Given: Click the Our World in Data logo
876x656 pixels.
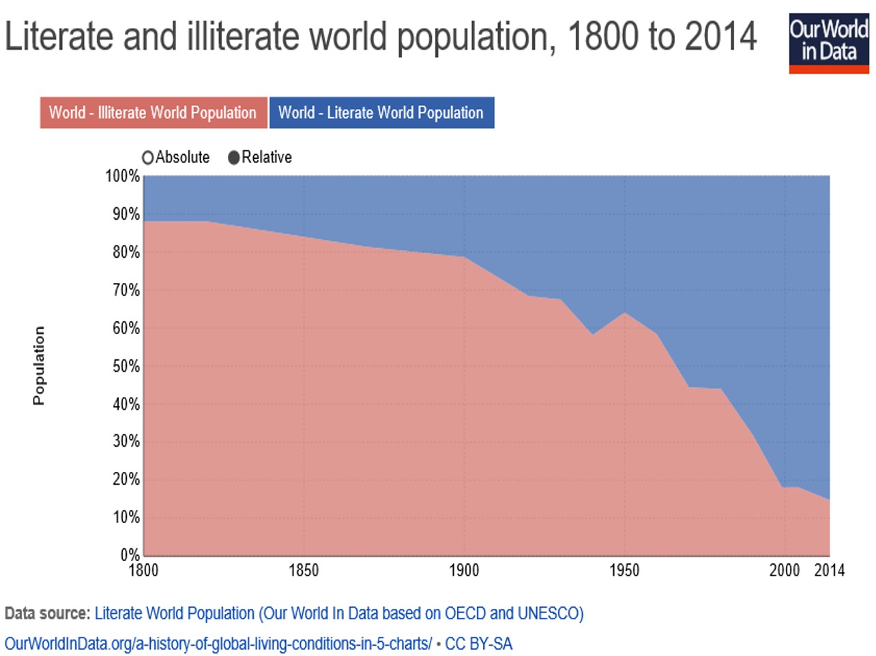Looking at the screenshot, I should coord(828,43).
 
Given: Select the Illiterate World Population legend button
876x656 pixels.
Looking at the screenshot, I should coord(153,113).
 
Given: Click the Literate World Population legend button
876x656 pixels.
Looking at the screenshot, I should coord(381,113).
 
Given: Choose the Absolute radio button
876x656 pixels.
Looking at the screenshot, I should coord(147,158).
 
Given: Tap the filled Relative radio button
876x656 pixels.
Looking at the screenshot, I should coord(234,158).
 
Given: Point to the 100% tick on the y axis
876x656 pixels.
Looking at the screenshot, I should coord(122,176).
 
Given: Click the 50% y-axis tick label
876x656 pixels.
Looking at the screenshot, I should coord(126,366).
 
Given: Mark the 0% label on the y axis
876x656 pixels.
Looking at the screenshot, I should coord(130,554).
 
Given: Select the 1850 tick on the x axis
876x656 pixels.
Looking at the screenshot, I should coord(304,570).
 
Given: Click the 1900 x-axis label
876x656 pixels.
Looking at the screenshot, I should coord(464,570).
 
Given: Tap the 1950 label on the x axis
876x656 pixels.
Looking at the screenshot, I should coord(624,570).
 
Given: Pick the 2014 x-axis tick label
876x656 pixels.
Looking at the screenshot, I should coord(829,570).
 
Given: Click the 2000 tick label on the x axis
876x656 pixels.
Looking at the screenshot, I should coord(785,570).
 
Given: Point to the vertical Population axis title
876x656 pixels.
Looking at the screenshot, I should coord(39,366).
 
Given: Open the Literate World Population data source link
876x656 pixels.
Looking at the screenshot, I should coord(338,613).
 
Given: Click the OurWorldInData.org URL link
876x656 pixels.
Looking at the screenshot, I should coord(218,644).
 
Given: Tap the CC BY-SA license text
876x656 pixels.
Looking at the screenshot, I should coord(478,644).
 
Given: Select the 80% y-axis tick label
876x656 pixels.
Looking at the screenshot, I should coord(126,252).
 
